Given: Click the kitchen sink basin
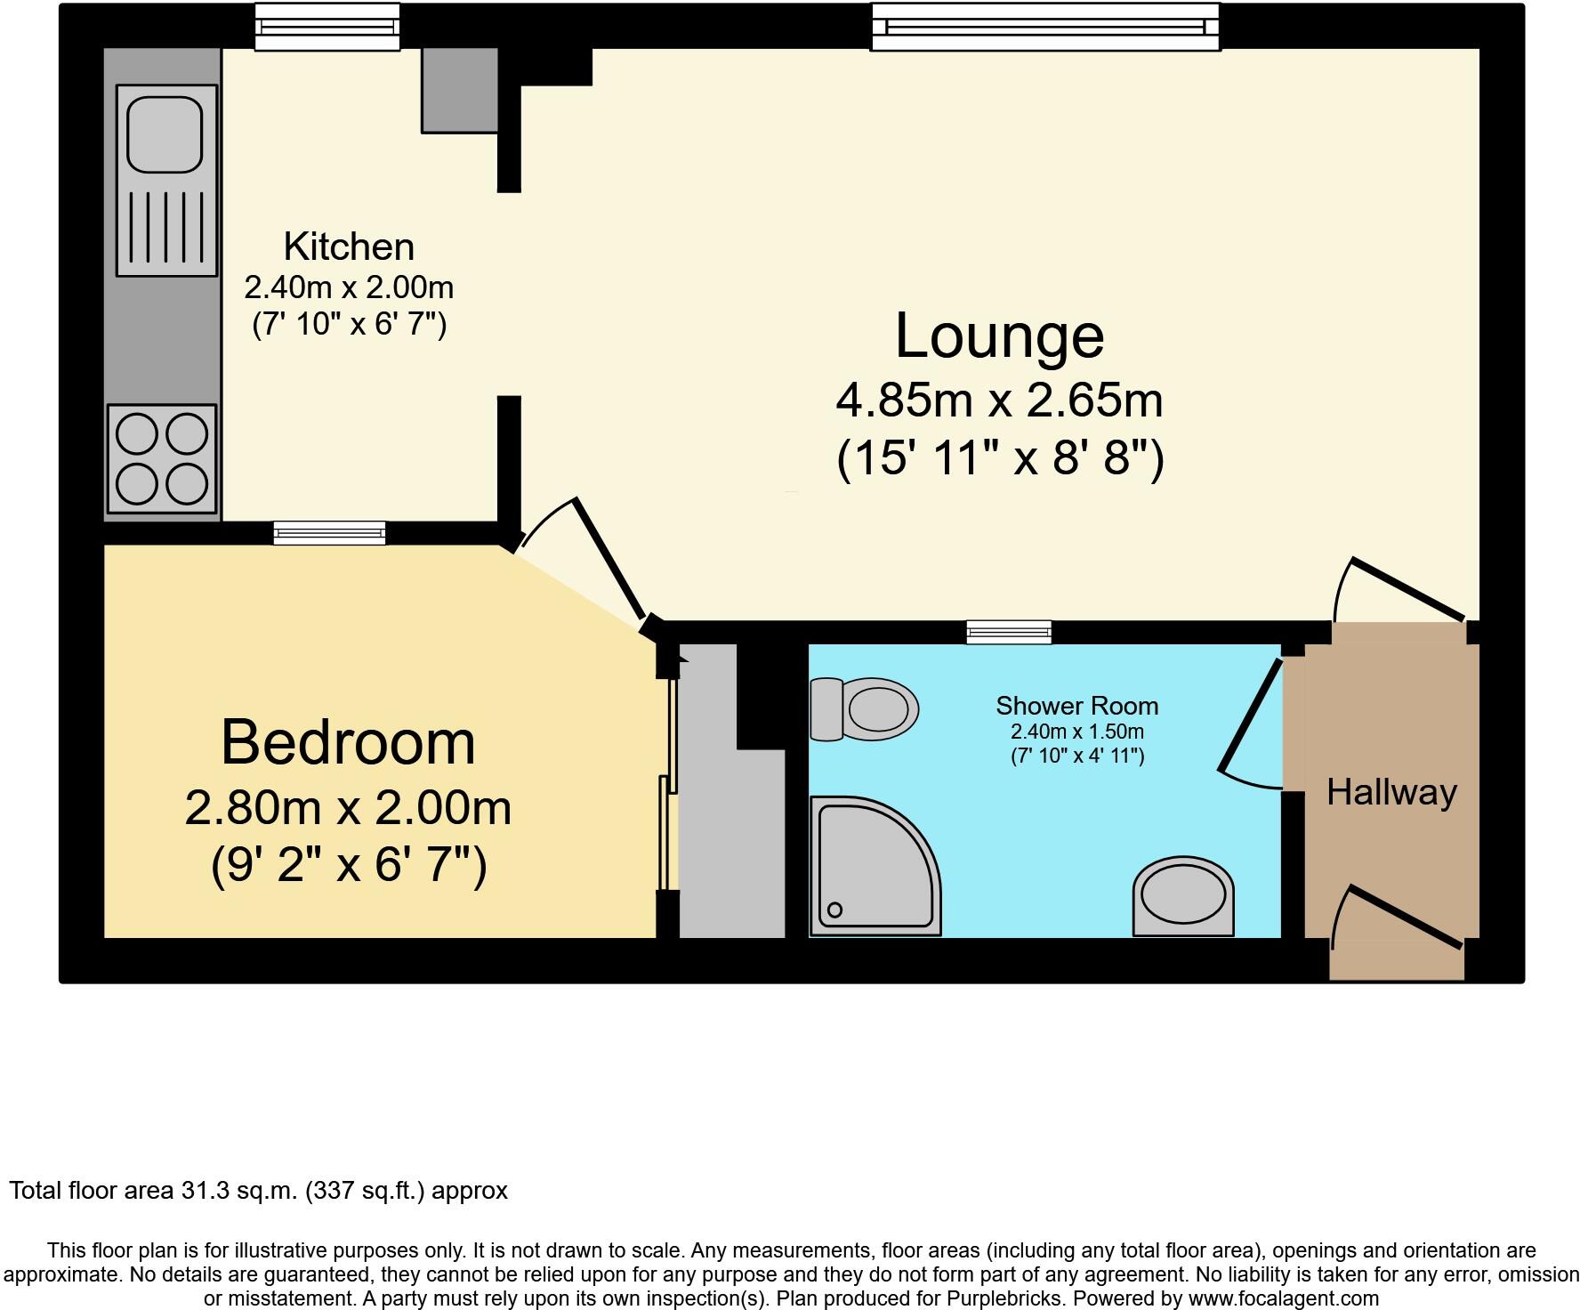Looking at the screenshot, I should (x=165, y=133).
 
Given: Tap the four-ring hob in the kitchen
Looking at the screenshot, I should (x=162, y=459).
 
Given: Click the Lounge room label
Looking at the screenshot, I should (x=999, y=336).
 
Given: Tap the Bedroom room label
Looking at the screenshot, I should (x=348, y=742).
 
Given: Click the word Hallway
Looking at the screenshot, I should (x=1391, y=792).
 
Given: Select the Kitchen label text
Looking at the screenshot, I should (x=349, y=246).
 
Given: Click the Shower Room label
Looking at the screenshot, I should (x=1076, y=706).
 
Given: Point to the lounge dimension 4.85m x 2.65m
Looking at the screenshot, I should (x=999, y=400).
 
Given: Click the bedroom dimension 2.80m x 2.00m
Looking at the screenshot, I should (x=348, y=809).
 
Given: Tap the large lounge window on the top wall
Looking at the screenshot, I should (x=1044, y=27).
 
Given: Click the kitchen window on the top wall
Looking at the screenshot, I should (x=327, y=27).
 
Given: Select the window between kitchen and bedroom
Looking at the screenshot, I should (x=330, y=533).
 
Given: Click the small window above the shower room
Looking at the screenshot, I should (x=1009, y=633).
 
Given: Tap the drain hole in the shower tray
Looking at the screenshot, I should (x=834, y=910).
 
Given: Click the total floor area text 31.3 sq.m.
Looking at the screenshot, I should (x=258, y=1191).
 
